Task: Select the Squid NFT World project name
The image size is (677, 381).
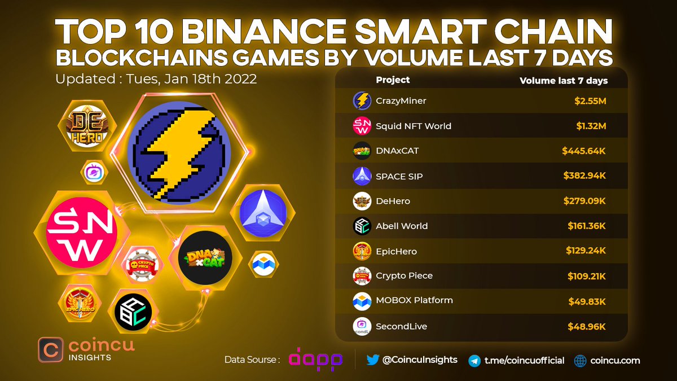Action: pos(414,126)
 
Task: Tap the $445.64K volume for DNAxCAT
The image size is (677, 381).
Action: pos(584,151)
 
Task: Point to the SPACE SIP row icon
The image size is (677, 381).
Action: pos(361,176)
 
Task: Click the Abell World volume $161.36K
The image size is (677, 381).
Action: pos(587,226)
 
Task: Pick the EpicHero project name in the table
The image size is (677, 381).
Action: pos(396,251)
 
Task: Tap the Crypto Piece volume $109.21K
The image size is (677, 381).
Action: pos(587,275)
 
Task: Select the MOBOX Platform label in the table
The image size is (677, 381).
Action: pos(414,300)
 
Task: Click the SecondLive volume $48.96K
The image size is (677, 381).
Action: pos(588,326)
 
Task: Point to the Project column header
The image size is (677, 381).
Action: pos(393,80)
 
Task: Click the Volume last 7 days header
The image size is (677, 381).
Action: pos(564,80)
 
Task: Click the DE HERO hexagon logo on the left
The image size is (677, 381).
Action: pos(86,126)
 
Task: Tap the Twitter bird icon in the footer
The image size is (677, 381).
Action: pos(372,360)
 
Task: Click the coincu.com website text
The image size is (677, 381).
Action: pos(615,360)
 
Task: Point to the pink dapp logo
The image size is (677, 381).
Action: pos(315,360)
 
